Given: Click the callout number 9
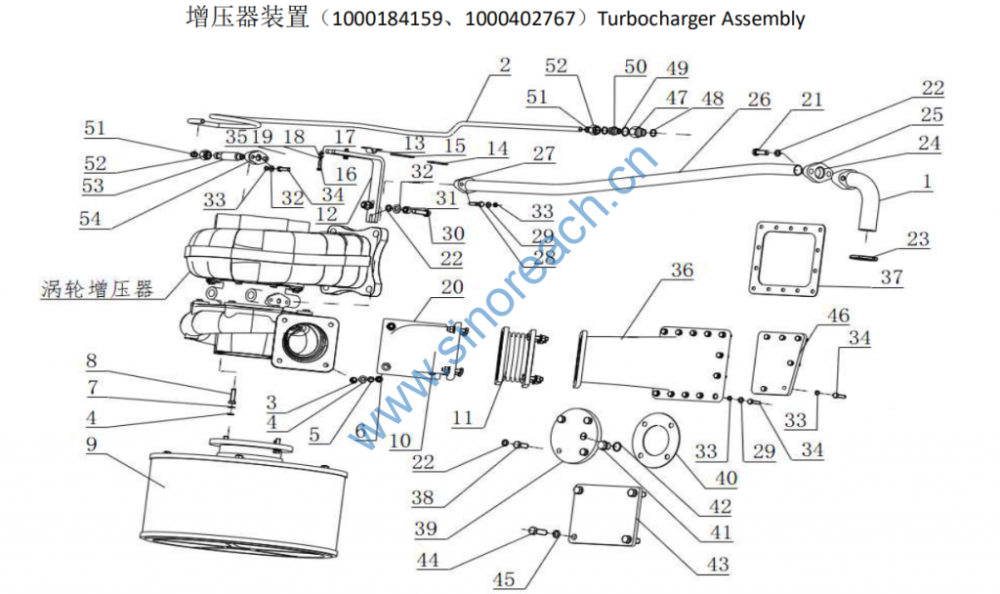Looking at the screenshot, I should (x=92, y=444).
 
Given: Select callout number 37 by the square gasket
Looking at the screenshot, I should (x=891, y=278).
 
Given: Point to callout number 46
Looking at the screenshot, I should (x=838, y=316).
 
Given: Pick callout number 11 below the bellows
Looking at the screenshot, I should (x=463, y=418).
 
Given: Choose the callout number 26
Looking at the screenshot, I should (x=759, y=100).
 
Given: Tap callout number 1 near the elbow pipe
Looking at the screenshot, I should (x=926, y=182).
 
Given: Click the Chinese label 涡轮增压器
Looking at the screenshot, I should (x=98, y=289).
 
